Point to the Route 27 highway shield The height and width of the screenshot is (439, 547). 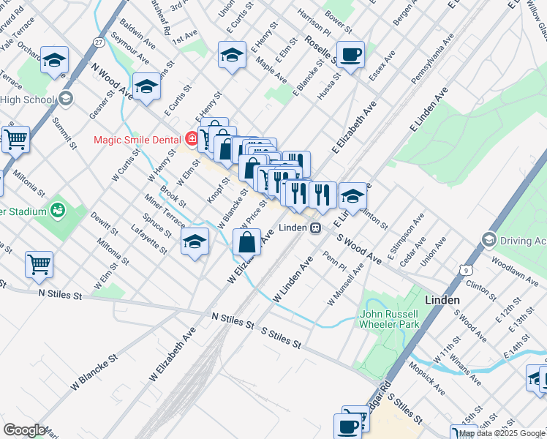coord(99,43)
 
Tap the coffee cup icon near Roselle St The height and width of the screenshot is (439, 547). coord(351,54)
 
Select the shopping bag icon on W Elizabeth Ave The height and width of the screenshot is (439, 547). coord(248,241)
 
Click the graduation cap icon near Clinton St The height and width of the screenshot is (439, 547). coord(352,195)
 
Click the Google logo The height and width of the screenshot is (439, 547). coord(23,430)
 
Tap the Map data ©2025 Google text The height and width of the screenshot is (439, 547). coord(502,433)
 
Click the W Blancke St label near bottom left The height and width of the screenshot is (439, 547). coord(94,372)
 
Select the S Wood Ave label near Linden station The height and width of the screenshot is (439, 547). coord(360,249)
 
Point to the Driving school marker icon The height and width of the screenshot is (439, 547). coord(489,239)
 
